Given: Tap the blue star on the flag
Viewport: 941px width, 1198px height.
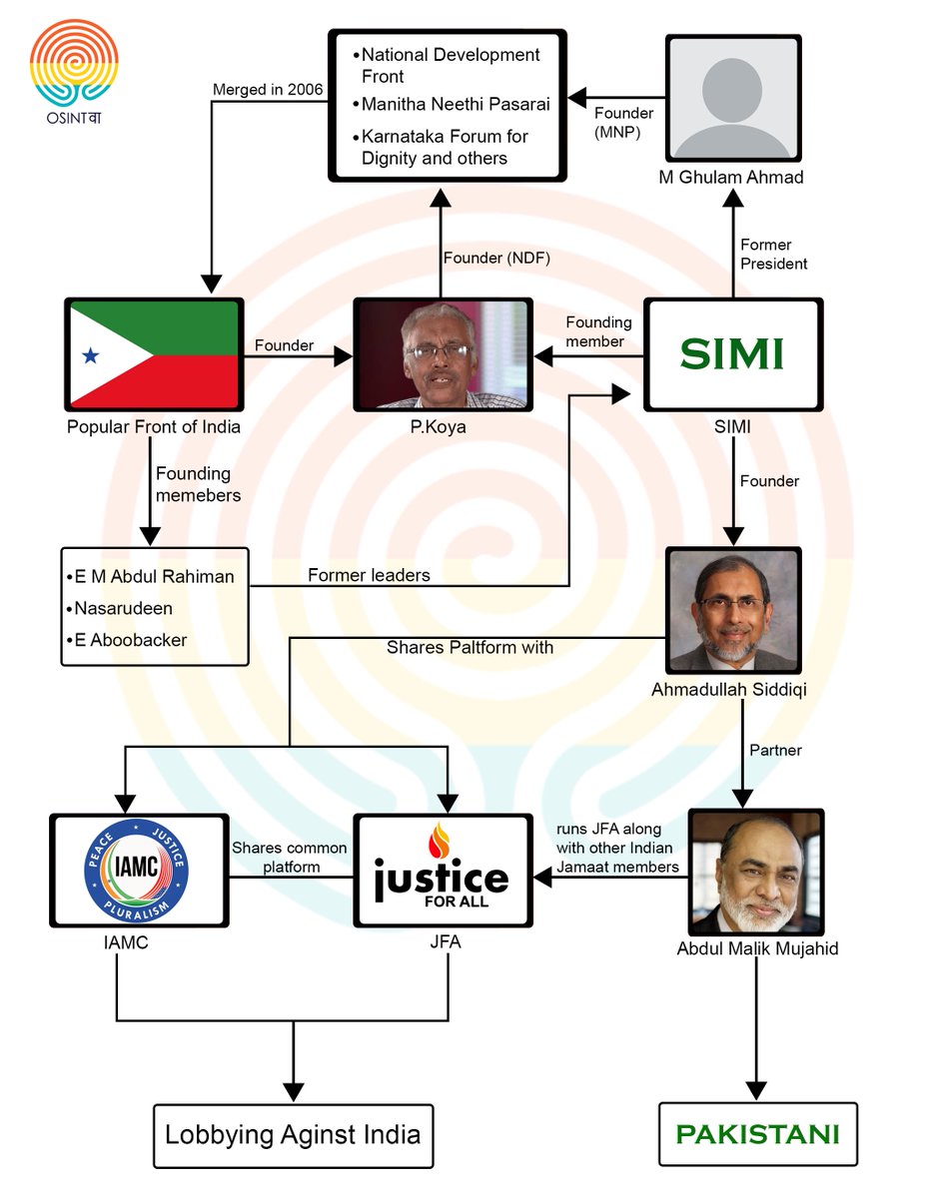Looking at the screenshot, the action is (x=89, y=355).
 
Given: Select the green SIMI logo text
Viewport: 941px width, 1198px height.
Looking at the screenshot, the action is (x=731, y=354).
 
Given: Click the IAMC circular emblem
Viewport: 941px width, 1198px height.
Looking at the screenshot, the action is (x=136, y=871).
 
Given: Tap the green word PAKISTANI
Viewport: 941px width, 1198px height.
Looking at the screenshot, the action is (x=757, y=1134).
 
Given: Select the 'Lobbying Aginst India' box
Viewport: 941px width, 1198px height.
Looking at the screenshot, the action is (x=293, y=1135).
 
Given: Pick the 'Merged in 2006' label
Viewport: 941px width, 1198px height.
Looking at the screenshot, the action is (x=268, y=90).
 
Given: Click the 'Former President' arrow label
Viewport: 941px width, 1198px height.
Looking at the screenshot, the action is (x=773, y=255).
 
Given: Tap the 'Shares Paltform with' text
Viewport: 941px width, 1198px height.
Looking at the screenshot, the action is (x=470, y=647).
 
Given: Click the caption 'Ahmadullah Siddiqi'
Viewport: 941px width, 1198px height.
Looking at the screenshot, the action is (x=734, y=689).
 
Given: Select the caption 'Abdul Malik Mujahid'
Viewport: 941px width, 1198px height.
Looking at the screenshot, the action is (x=757, y=948).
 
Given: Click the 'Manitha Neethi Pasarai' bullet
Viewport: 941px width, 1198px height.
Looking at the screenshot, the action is (x=455, y=104).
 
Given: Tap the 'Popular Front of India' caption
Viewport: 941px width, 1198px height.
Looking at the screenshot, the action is (x=153, y=427).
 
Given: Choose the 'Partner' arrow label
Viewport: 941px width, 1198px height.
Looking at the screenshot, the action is (x=776, y=750).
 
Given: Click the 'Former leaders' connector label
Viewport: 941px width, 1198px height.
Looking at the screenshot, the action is (x=369, y=575).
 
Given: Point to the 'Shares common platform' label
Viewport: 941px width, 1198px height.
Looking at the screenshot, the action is (x=290, y=858).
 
